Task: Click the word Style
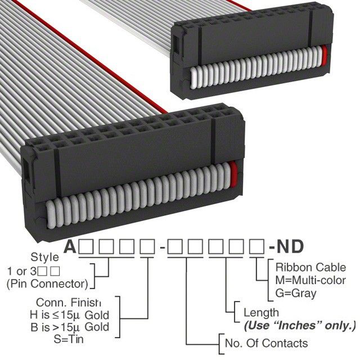pos(44,257)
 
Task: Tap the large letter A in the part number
pos(70,246)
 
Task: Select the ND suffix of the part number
pos(290,246)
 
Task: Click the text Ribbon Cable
pos(310,268)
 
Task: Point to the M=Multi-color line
pos(310,280)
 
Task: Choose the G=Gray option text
pos(296,293)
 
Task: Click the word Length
pos(261,313)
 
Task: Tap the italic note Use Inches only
pos(300,326)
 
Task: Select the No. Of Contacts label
pos(266,343)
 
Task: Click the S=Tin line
pos(69,339)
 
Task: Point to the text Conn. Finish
pos(69,303)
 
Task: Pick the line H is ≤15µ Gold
pos(69,315)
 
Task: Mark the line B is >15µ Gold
pos(70,327)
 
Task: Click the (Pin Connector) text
pos(47,284)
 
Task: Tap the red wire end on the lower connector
pos(233,173)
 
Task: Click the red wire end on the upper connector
pos(324,56)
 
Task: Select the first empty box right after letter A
pos(86,246)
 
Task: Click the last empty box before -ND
pos(257,246)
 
